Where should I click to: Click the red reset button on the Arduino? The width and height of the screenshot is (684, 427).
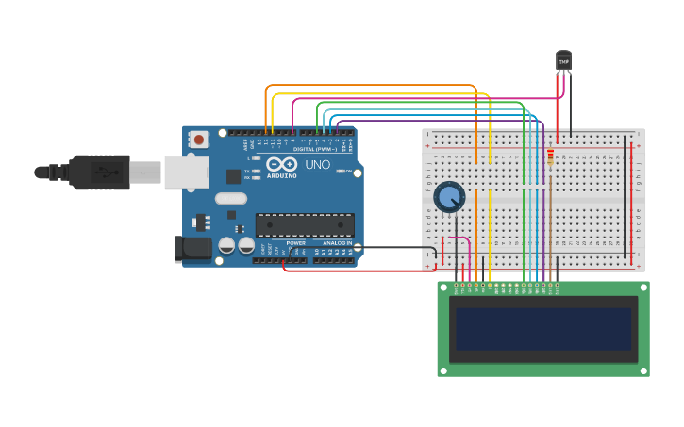[x=198, y=140]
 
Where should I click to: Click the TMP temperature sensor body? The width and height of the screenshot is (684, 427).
[x=563, y=61]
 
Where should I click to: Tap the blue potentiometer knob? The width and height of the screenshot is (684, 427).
[x=449, y=197]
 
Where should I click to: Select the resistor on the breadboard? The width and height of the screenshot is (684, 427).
[x=550, y=156]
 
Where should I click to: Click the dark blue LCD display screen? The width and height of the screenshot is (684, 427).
[x=542, y=329]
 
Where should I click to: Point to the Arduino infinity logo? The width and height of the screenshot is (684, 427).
[x=281, y=165]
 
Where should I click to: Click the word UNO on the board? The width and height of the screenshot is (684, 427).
[x=318, y=165]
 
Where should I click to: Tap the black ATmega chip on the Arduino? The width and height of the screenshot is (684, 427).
[x=305, y=225]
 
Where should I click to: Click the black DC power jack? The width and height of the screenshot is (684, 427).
[x=192, y=249]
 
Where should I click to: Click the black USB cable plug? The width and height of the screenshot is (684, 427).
[x=99, y=172]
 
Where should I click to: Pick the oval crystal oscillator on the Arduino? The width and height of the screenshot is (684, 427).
[x=230, y=199]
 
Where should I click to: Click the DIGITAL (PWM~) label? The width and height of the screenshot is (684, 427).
[x=315, y=149]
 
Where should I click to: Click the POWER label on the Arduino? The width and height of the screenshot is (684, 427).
[x=296, y=243]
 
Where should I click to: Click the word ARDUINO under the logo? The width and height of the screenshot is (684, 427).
[x=281, y=176]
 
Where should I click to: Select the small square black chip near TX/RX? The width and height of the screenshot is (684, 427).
[x=233, y=176]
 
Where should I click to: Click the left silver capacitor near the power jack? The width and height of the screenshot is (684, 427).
[x=226, y=245]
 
